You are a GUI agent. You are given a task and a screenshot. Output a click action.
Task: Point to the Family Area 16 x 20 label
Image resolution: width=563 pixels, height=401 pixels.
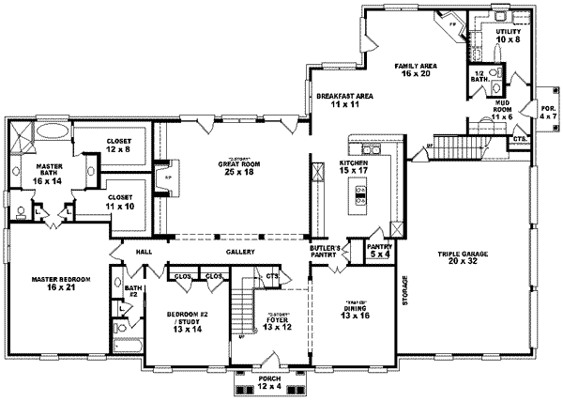pos(415,69)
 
